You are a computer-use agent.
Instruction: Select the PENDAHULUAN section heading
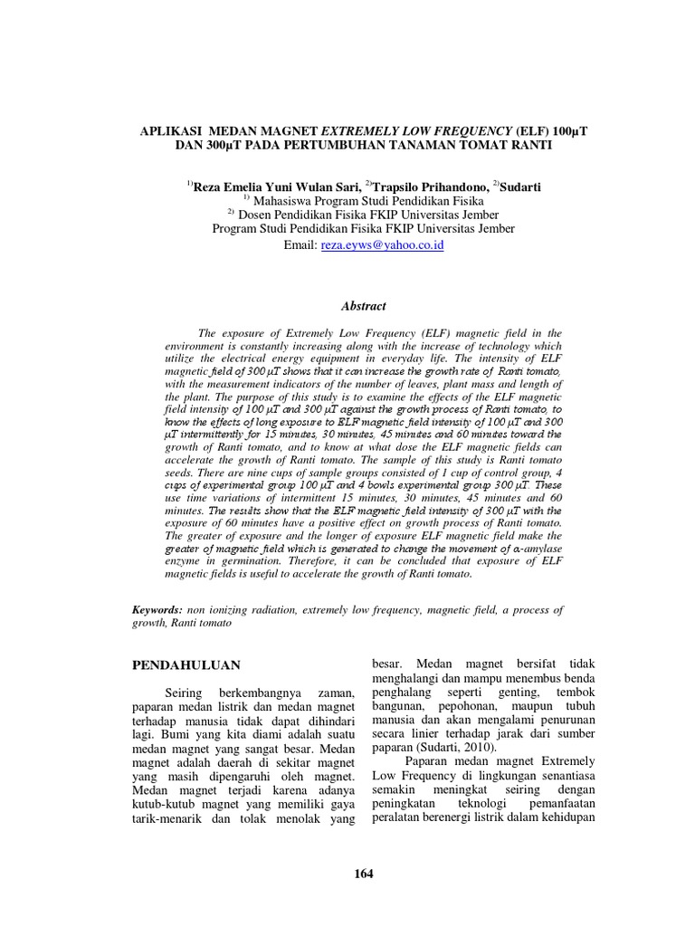click(186, 665)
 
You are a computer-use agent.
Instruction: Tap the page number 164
click(363, 874)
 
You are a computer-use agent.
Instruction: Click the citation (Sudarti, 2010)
click(456, 749)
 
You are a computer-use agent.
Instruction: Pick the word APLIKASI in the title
click(173, 130)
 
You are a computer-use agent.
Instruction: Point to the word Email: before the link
click(300, 245)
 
